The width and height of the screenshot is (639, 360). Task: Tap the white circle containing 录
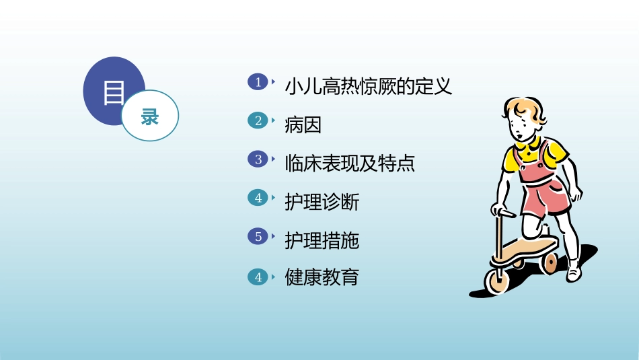pyautogui.click(x=150, y=116)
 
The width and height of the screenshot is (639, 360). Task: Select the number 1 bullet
pyautogui.click(x=258, y=82)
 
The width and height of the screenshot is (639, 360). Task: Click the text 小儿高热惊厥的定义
pyautogui.click(x=368, y=87)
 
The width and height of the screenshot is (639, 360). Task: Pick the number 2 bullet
pyautogui.click(x=258, y=121)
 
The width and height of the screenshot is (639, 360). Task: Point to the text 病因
pyautogui.click(x=303, y=125)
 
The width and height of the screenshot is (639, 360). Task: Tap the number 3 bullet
pyautogui.click(x=258, y=159)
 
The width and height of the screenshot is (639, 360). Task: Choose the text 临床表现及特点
pyautogui.click(x=350, y=164)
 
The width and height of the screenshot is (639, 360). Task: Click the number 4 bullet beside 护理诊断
pyautogui.click(x=258, y=198)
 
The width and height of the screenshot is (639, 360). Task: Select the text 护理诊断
pyautogui.click(x=322, y=202)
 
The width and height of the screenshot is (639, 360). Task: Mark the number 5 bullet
pyautogui.click(x=258, y=237)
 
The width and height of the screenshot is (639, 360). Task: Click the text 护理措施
pyautogui.click(x=322, y=240)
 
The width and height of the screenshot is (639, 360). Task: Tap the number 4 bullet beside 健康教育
pyautogui.click(x=258, y=276)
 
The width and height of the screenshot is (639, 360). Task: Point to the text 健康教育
pyautogui.click(x=322, y=278)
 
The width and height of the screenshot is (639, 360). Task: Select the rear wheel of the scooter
pyautogui.click(x=549, y=262)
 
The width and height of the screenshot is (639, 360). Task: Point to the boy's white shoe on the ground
pyautogui.click(x=573, y=272)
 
